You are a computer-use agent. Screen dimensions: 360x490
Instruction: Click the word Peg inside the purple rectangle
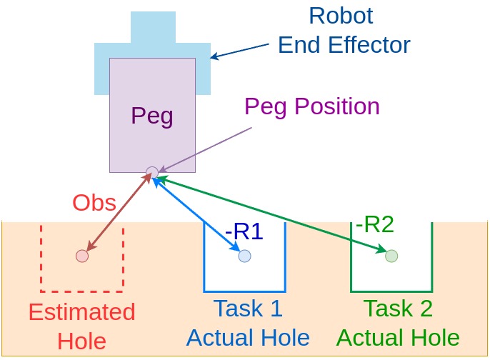[x=152, y=116]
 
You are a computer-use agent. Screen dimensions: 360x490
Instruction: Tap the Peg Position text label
[x=311, y=106]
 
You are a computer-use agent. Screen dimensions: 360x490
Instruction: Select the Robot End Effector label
[x=344, y=30]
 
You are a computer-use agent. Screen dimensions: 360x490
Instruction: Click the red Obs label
[x=94, y=203]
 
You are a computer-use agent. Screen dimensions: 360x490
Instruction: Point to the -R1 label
[x=244, y=232]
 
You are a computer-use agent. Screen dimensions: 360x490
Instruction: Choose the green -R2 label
[x=375, y=224]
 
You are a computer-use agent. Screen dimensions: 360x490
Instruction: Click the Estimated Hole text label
[x=81, y=326]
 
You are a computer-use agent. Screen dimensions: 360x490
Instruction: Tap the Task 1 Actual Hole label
[x=248, y=323]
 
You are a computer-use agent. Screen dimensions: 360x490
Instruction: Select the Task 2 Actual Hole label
[x=398, y=323]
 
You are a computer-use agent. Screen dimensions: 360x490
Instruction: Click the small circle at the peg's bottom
[x=152, y=172]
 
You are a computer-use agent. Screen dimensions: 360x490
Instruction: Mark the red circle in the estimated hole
[x=82, y=256]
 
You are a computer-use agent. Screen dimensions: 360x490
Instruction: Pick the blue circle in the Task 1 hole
[x=244, y=256]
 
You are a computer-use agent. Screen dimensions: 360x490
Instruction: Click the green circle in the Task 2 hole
[x=391, y=256]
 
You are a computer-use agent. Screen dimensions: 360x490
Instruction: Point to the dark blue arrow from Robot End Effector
[x=243, y=49]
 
